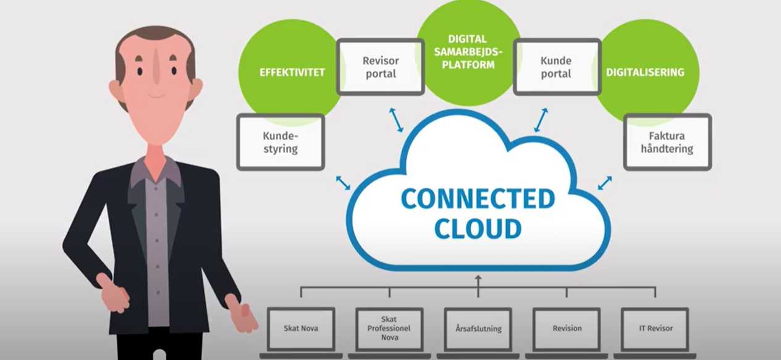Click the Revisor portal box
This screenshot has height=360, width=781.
(x=380, y=67)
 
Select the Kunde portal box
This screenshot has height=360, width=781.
(x=556, y=67)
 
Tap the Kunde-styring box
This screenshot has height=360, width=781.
(x=281, y=142)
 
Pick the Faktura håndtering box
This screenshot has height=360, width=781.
(x=667, y=142)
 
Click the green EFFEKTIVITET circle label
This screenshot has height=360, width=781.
(x=292, y=72)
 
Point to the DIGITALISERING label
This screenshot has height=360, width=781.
(x=645, y=72)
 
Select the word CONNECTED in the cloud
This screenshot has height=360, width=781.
(x=478, y=199)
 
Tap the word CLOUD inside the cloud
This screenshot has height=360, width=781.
(x=478, y=228)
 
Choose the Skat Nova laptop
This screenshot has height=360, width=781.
(x=301, y=329)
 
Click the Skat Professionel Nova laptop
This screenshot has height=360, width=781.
(x=389, y=329)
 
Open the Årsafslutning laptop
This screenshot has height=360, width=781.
(x=478, y=329)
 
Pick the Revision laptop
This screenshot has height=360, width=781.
(x=567, y=329)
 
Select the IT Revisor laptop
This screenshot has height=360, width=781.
(x=656, y=329)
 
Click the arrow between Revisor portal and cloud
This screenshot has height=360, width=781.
(x=396, y=120)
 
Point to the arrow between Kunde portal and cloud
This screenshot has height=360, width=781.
(x=541, y=120)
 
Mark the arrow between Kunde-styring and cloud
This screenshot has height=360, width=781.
(x=343, y=183)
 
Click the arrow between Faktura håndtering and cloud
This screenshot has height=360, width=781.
(x=604, y=183)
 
